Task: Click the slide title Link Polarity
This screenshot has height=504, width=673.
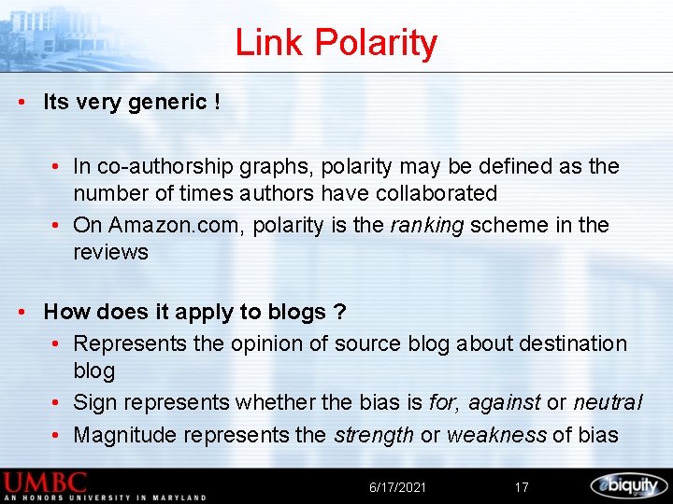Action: click(x=336, y=43)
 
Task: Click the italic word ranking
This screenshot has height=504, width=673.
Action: click(x=427, y=226)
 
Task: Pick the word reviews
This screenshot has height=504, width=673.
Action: click(x=110, y=252)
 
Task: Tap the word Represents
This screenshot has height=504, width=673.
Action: click(x=130, y=343)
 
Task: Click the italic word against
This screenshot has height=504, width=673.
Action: click(x=504, y=403)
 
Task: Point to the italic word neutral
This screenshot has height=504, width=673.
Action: click(x=608, y=403)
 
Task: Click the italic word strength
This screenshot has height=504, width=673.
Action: click(x=374, y=435)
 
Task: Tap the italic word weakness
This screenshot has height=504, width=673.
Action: click(x=495, y=435)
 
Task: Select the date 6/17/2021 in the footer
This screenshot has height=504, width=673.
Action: click(x=397, y=487)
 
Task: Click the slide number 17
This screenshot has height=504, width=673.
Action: click(x=522, y=487)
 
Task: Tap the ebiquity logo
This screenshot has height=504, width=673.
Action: click(x=628, y=485)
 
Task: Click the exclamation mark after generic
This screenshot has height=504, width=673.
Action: click(x=217, y=103)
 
